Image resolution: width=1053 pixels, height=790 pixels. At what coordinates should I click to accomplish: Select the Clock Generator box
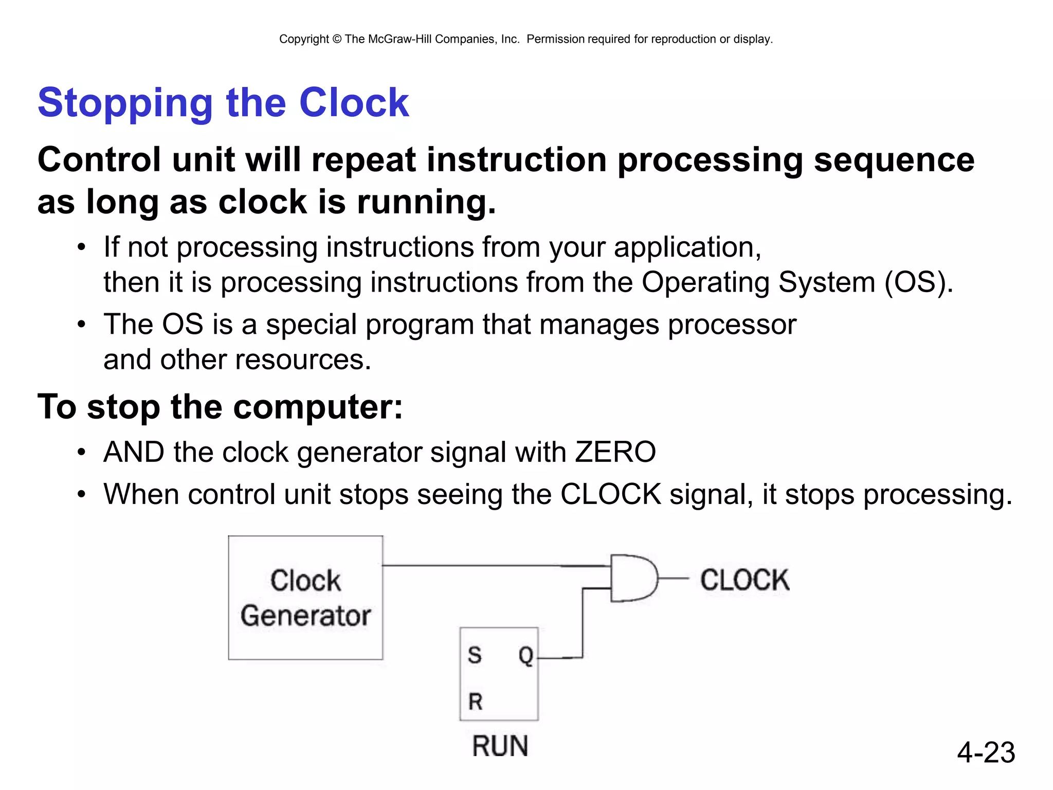point(305,598)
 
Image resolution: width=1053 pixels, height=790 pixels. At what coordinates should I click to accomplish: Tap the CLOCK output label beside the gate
point(745,580)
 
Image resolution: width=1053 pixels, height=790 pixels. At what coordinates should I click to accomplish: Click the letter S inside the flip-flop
point(474,655)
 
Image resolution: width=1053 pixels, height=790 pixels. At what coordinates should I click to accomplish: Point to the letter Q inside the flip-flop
point(525,655)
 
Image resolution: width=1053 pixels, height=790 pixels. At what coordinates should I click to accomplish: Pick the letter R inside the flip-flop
point(475,702)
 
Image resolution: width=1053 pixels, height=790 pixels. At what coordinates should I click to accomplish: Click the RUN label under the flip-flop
point(500,746)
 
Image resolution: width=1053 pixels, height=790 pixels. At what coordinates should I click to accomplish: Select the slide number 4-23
point(986,752)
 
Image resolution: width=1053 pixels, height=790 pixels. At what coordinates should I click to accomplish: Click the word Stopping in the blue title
point(125,103)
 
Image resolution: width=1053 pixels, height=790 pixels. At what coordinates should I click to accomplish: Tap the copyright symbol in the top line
point(337,39)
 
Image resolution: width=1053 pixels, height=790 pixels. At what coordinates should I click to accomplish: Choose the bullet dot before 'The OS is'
point(81,325)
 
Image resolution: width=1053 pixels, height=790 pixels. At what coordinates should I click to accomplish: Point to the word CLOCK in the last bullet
point(610,494)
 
